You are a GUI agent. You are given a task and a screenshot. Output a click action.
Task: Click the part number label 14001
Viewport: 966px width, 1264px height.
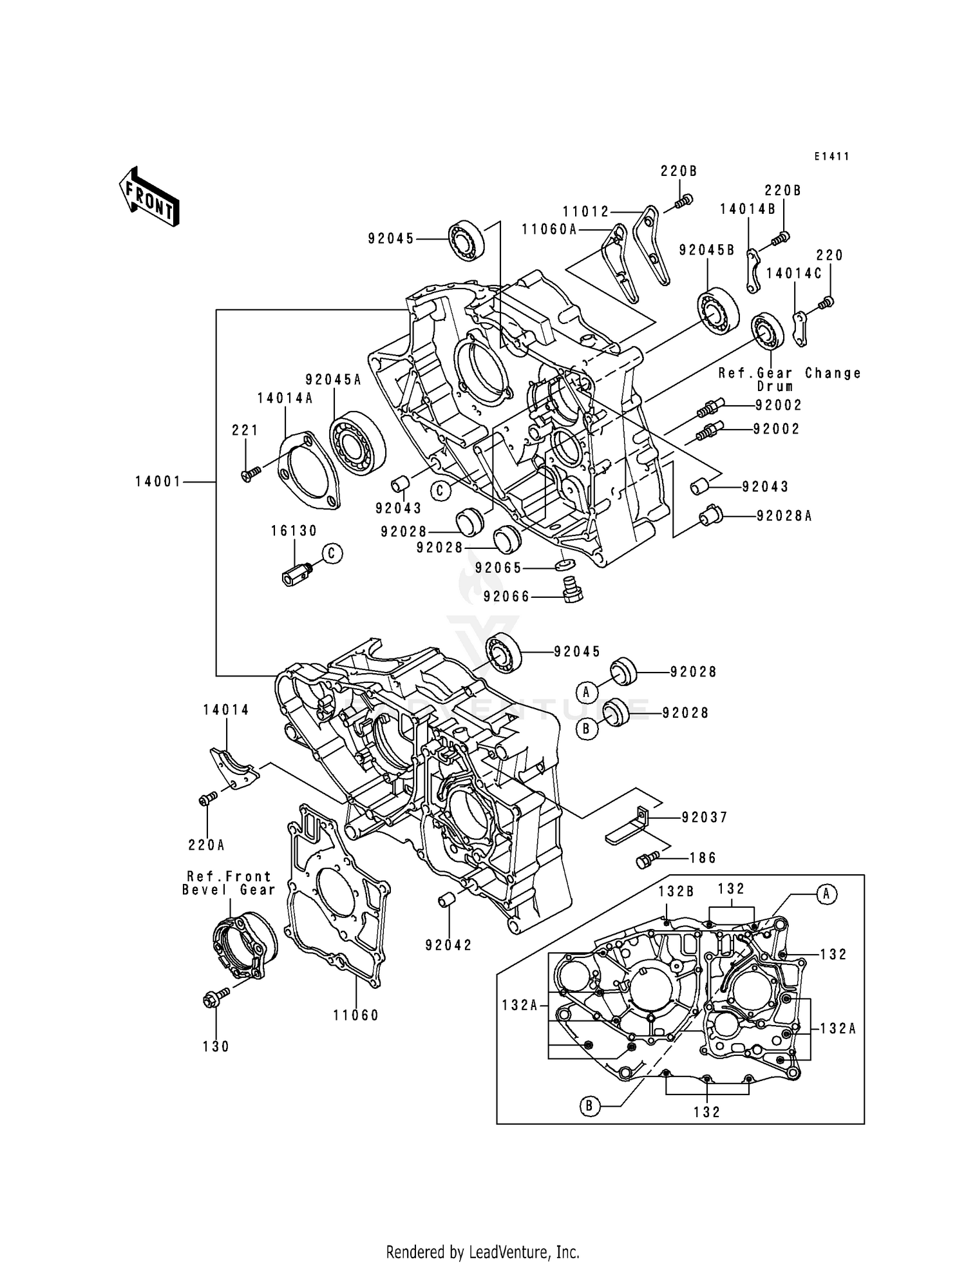tap(158, 481)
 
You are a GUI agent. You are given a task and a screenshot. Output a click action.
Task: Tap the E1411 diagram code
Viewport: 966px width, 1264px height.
tap(831, 157)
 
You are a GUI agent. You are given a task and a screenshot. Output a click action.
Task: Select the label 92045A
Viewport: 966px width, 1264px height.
tap(333, 380)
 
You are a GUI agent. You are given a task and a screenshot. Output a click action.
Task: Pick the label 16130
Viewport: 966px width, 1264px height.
tap(294, 531)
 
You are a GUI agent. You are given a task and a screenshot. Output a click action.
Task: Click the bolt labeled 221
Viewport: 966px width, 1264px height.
tap(251, 474)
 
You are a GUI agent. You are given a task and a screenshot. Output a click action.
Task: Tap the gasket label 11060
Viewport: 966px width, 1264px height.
tap(356, 1015)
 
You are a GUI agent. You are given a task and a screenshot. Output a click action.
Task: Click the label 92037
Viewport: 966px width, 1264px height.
tap(705, 818)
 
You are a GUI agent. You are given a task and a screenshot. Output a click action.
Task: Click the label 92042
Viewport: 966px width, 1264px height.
tap(448, 945)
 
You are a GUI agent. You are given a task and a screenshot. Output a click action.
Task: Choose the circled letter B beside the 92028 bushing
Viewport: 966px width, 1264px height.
tap(587, 729)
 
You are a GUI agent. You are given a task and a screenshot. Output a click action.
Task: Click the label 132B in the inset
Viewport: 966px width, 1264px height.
tap(676, 890)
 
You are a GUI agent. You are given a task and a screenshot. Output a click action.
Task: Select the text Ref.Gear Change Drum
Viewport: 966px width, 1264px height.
tap(790, 379)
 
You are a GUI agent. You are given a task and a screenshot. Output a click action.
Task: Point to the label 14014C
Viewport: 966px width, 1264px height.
tap(793, 273)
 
